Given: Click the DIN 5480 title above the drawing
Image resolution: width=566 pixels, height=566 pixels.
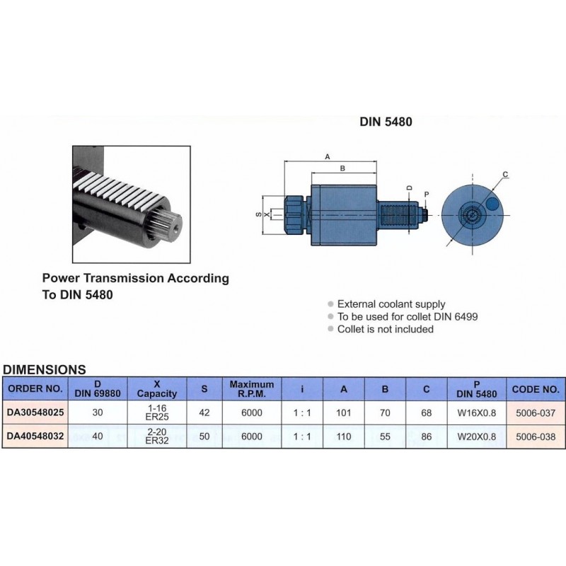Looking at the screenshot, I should [386, 122].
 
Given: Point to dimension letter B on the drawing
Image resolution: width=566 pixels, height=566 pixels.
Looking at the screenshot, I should [342, 168].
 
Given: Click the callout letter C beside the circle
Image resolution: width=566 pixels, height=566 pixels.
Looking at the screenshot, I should [506, 174].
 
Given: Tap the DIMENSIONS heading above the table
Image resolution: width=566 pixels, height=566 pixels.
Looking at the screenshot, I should [45, 369].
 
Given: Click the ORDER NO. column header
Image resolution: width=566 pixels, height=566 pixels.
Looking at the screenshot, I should [34, 389].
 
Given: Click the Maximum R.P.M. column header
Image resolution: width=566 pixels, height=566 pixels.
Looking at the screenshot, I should [252, 389].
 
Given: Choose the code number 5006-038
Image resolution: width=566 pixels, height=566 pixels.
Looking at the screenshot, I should [536, 437].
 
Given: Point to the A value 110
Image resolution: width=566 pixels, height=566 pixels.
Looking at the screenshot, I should [345, 437].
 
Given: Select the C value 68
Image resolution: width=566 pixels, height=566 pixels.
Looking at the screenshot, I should [425, 413].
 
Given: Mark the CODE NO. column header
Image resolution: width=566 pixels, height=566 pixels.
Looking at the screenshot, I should [536, 389].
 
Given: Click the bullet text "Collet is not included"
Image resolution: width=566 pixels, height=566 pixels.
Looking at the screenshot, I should [385, 329].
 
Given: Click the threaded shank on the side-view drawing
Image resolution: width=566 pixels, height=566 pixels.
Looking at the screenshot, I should [400, 211].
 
